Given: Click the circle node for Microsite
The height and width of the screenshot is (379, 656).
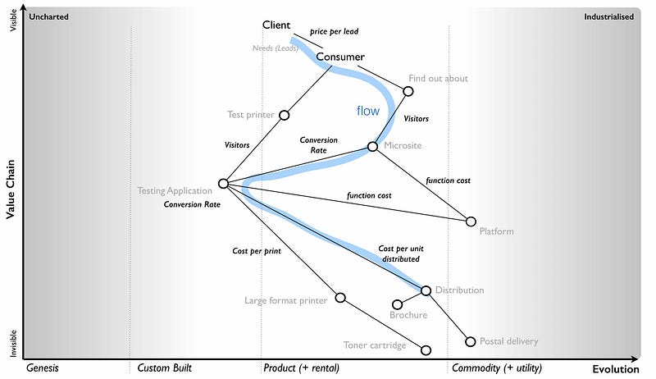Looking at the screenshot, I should tap(372, 147).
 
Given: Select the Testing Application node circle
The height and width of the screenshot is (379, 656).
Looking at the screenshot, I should tap(223, 184).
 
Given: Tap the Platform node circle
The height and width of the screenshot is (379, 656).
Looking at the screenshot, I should tap(471, 221).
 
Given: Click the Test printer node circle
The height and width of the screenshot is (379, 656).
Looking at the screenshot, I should tap(285, 115).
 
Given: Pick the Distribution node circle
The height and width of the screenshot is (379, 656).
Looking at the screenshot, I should tap(426, 290).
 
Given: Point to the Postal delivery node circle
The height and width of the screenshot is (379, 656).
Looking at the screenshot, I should tap(471, 342).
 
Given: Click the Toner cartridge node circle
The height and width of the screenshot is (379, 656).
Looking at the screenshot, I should tap(426, 350).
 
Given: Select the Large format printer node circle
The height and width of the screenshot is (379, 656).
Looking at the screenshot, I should tap(340, 298).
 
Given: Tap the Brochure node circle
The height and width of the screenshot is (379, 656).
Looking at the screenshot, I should tap(398, 304).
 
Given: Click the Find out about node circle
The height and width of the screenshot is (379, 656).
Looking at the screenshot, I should tap(409, 90).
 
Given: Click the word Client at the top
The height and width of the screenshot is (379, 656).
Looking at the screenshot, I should tap(276, 25).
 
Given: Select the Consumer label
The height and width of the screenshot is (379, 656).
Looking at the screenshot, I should tap(340, 57).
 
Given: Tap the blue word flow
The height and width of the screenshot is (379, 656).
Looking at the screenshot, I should tap(368, 111).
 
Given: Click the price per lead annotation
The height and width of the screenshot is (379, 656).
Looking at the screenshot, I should tap(334, 32).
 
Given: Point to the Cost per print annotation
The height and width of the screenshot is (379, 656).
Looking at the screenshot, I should tap(257, 251).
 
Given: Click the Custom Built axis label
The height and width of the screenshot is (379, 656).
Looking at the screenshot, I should tap(164, 368).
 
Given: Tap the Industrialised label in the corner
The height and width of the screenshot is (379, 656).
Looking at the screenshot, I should tap(608, 16).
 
